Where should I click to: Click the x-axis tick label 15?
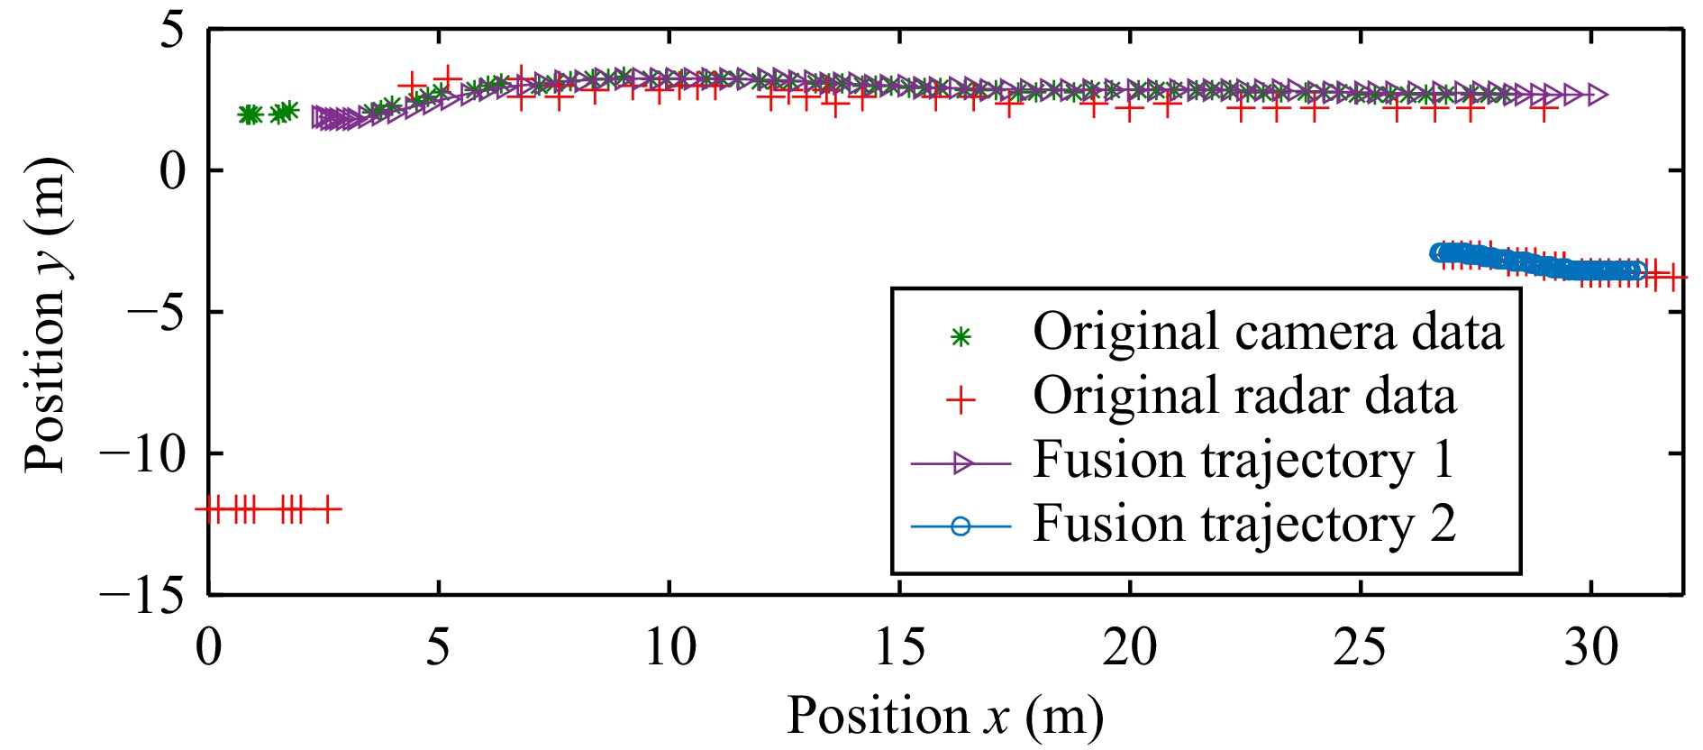tap(899, 647)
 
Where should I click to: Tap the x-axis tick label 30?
tap(1591, 647)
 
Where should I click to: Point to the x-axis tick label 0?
tap(209, 647)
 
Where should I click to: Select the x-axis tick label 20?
tap(1130, 647)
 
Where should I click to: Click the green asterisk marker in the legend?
tap(961, 337)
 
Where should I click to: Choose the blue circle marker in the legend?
tap(961, 526)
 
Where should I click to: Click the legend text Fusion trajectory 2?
tap(1243, 524)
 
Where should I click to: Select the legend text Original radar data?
tap(1243, 397)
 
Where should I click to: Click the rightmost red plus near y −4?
tap(1672, 278)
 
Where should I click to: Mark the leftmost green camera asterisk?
tap(248, 114)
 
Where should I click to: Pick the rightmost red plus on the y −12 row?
tap(328, 509)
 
